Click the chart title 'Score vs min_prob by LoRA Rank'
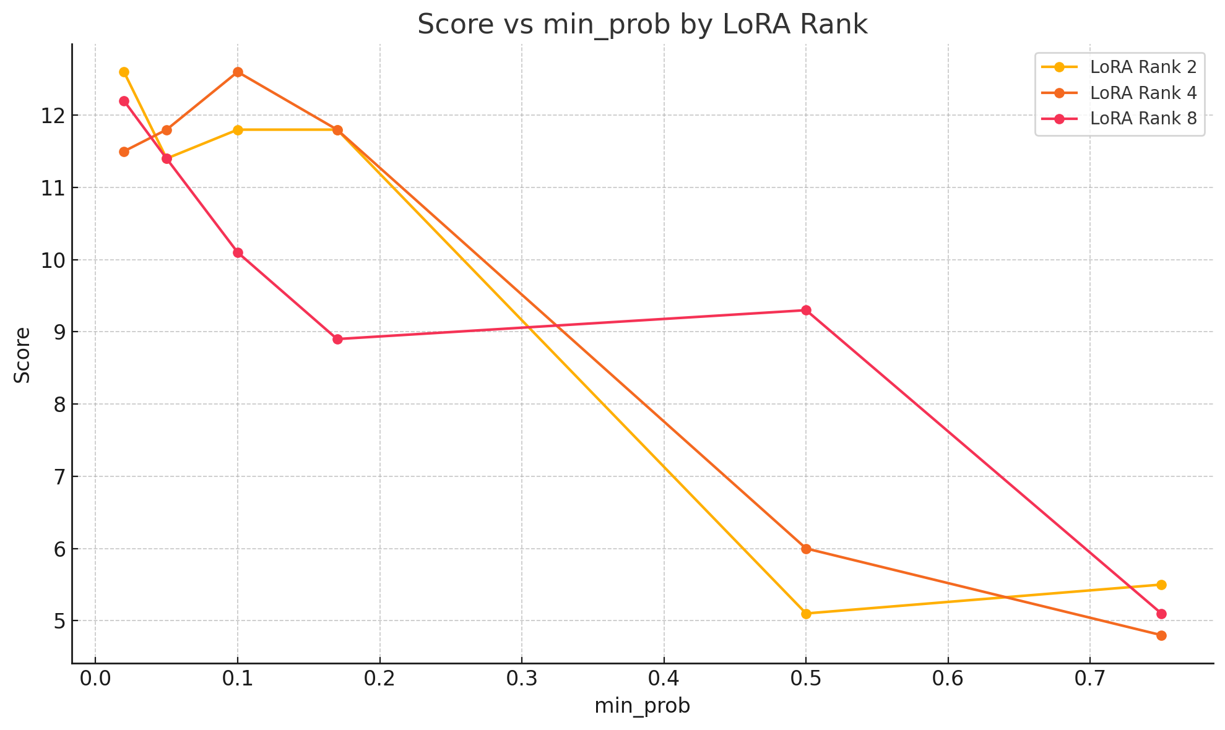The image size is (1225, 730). coord(643,25)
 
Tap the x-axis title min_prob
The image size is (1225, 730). coord(642,706)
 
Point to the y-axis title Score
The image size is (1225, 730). coord(22,354)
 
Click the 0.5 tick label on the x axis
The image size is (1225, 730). coord(806,679)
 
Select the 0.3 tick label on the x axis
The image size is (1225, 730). coord(522,679)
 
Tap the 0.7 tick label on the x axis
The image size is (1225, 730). coord(1090,679)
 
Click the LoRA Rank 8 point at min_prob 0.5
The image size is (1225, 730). coord(806,310)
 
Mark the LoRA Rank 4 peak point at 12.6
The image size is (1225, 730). coord(238,72)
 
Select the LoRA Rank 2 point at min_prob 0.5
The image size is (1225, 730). coord(806,614)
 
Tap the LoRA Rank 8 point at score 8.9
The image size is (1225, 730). coord(337,339)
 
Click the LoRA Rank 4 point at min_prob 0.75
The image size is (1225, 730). coord(1161,635)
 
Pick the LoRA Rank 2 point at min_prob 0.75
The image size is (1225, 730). coord(1161,585)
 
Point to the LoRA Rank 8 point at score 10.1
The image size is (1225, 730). coord(238,252)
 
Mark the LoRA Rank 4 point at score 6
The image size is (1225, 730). coord(806,549)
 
